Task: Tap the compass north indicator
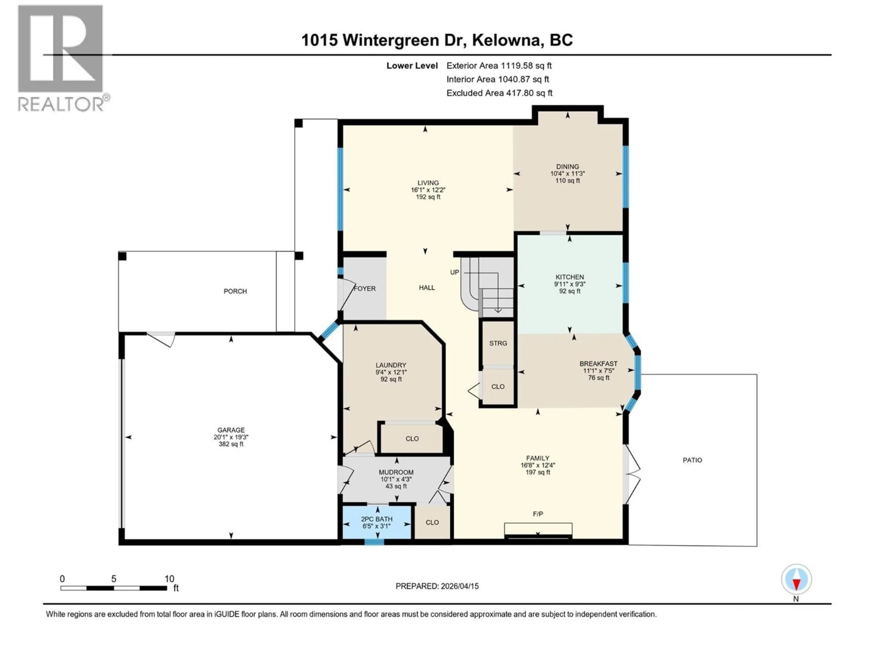click(x=796, y=579)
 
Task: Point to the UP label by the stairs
click(x=455, y=272)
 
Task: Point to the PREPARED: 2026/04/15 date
click(x=437, y=586)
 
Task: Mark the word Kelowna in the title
click(x=506, y=40)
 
